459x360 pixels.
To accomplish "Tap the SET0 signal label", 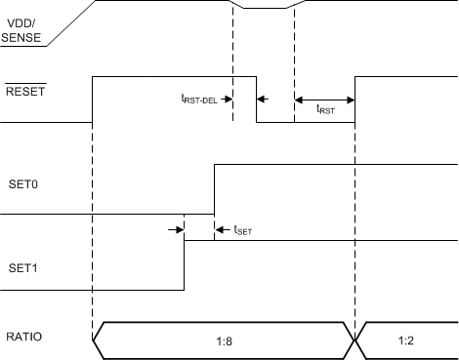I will pyautogui.click(x=22, y=182).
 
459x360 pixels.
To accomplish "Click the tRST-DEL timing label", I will pyautogui.click(x=199, y=99).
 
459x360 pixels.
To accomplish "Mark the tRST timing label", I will pyautogui.click(x=326, y=111).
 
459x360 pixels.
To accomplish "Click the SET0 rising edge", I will pyautogui.click(x=214, y=190).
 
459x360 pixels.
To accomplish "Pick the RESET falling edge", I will pyautogui.click(x=256, y=99).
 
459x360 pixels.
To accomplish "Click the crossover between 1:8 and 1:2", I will pyautogui.click(x=355, y=340).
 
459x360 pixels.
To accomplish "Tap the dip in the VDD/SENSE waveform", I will pyautogui.click(x=264, y=8).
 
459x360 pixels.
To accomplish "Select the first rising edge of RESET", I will pyautogui.click(x=92, y=99).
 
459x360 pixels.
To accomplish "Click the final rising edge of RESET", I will pyautogui.click(x=355, y=99).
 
